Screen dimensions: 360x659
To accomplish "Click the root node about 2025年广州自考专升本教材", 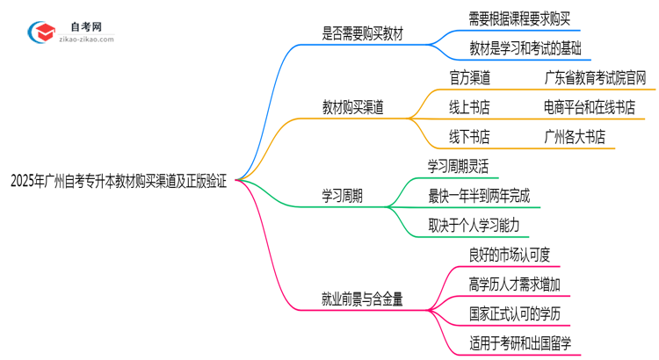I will (x=119, y=182).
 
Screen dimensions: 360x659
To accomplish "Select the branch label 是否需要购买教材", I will (x=365, y=33).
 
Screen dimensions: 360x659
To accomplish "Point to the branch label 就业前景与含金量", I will (x=362, y=299).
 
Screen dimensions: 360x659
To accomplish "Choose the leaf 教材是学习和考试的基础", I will (x=513, y=48).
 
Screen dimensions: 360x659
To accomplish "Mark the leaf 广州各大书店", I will (x=575, y=137).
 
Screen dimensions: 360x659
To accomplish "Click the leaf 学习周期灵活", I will (x=458, y=166).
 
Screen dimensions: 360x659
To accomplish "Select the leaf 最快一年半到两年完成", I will (x=479, y=196).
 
